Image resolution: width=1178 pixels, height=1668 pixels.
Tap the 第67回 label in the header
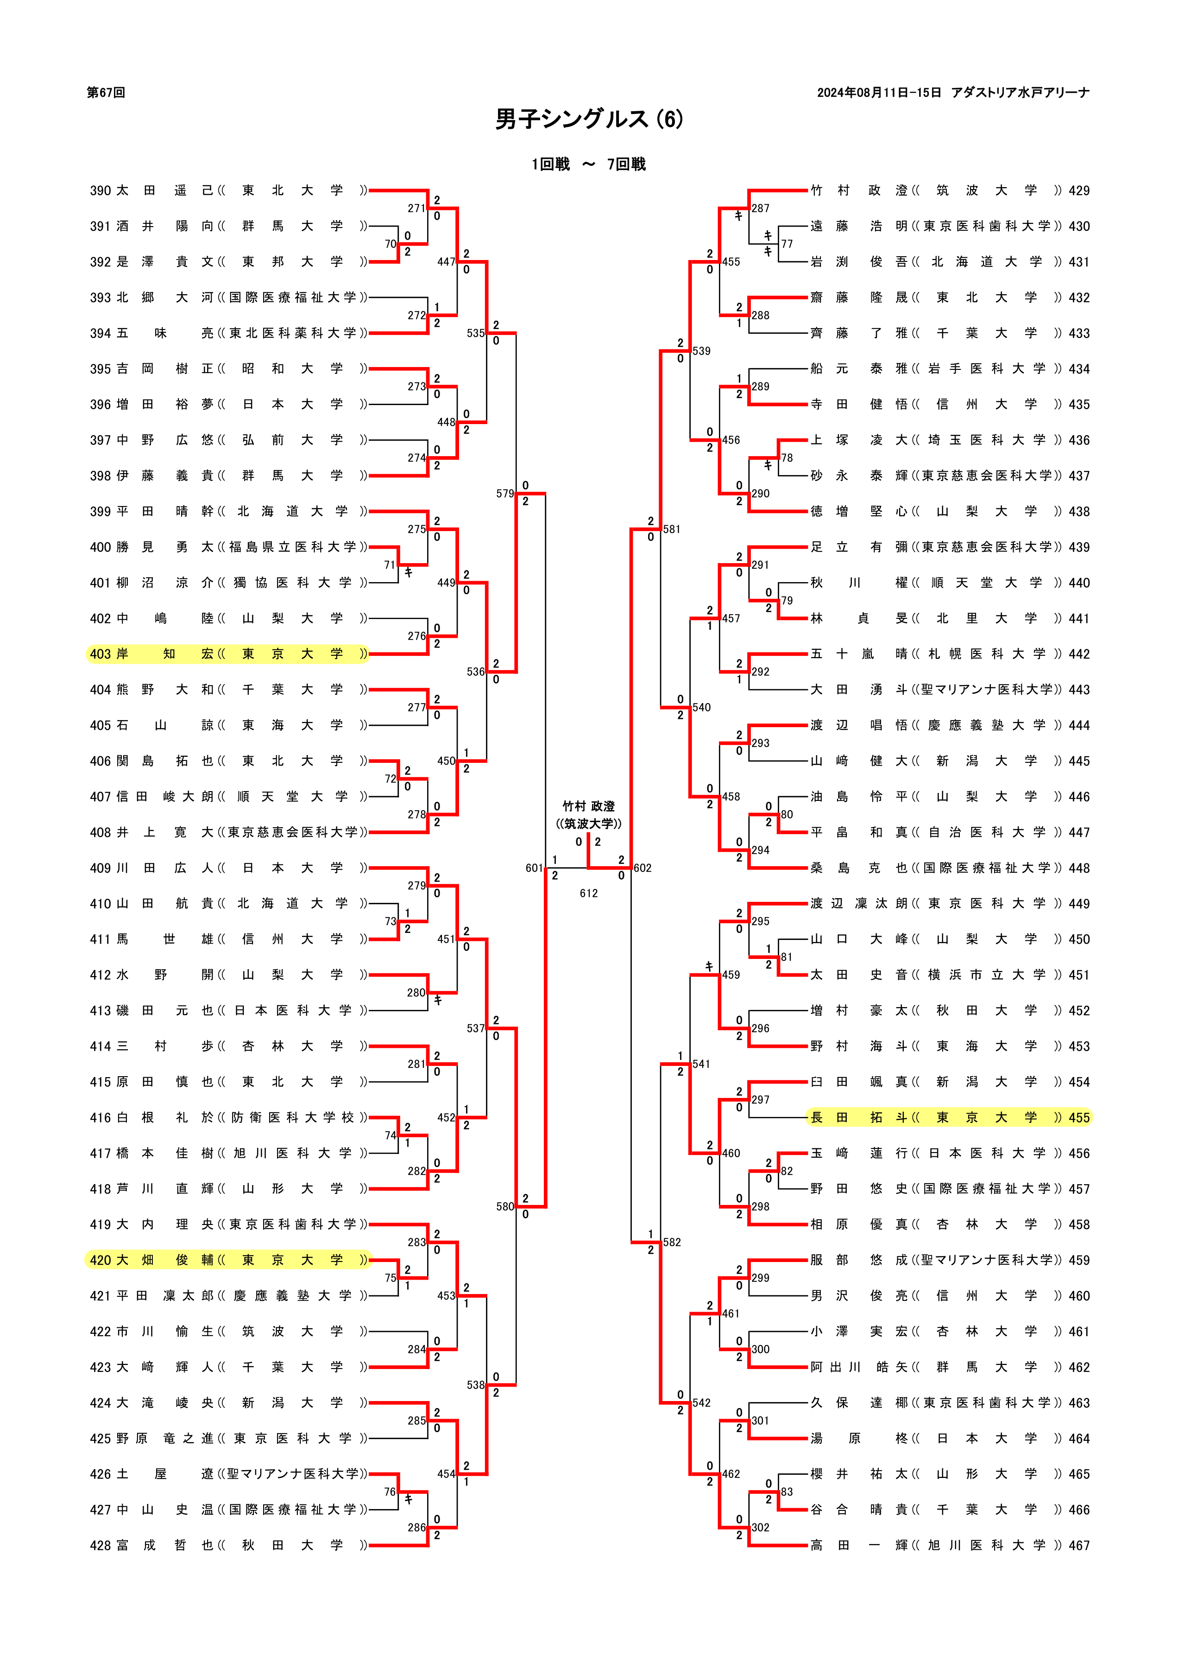click(x=106, y=92)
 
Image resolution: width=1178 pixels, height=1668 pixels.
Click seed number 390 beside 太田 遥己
click(x=100, y=190)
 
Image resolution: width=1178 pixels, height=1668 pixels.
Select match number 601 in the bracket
click(x=534, y=868)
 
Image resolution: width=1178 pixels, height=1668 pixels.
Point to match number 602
click(x=643, y=868)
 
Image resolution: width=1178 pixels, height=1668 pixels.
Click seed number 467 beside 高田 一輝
click(x=1079, y=1545)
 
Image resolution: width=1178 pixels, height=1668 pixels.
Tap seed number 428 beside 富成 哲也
click(x=100, y=1545)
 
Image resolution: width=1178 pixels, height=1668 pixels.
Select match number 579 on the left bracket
click(x=505, y=494)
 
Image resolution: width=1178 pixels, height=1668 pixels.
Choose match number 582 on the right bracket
click(x=672, y=1242)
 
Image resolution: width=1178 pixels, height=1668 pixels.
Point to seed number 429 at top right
click(x=1079, y=190)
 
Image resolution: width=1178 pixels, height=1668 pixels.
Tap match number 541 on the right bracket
click(x=701, y=1064)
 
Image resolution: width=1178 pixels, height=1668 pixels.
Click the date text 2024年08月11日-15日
click(x=879, y=92)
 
